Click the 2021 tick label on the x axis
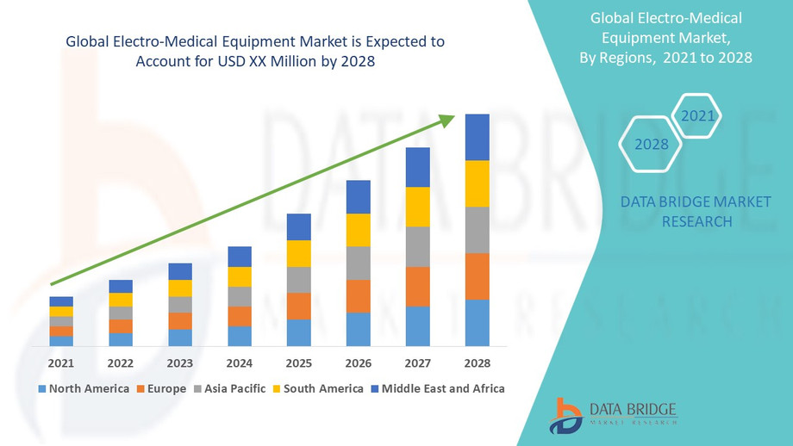(x=61, y=362)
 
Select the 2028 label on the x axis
(x=477, y=362)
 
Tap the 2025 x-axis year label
(x=298, y=362)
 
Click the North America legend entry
(x=84, y=388)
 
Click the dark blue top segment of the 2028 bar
(x=477, y=137)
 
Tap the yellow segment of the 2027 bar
(x=417, y=207)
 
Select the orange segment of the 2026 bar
(x=358, y=296)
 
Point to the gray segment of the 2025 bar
(x=298, y=280)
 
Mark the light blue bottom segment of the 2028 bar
(x=477, y=323)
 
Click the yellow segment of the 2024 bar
(x=240, y=276)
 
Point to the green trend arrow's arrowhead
(x=447, y=120)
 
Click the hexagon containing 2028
(x=652, y=144)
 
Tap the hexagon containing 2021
(x=696, y=115)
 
